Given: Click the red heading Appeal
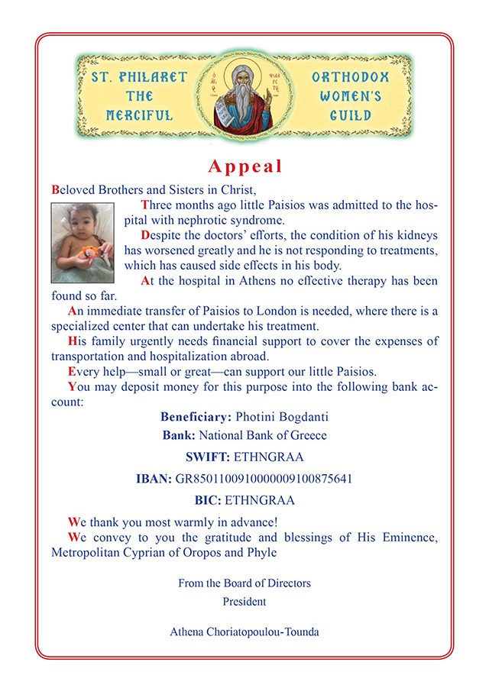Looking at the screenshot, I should (x=244, y=166).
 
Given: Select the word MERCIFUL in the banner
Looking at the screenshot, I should (x=139, y=116).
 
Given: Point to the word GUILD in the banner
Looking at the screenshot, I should (x=350, y=116).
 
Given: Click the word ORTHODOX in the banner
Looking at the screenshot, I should (x=350, y=78).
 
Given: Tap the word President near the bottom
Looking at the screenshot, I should (x=244, y=601).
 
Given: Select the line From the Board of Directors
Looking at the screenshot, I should (x=244, y=583).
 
